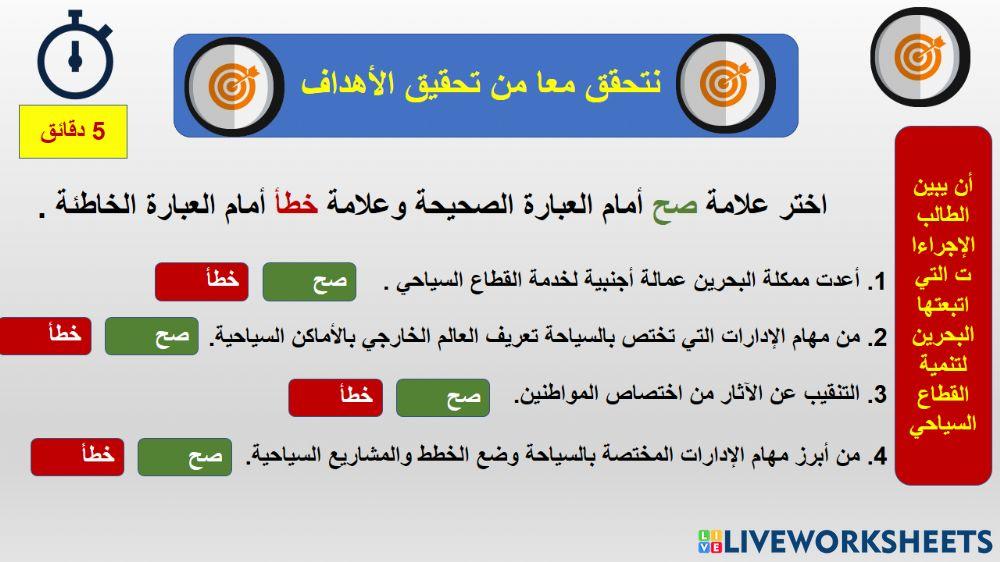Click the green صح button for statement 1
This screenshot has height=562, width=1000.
click(309, 282)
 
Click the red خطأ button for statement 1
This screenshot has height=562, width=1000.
click(201, 282)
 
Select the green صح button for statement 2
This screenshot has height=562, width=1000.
click(152, 336)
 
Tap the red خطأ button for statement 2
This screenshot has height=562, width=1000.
click(45, 336)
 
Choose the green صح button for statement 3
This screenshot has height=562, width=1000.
click(442, 397)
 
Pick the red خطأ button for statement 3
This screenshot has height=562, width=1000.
click(335, 397)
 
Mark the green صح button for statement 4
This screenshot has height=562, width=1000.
click(184, 457)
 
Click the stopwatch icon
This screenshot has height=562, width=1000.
click(75, 55)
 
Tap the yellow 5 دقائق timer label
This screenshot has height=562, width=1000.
click(73, 131)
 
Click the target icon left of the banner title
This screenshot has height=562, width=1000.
click(234, 85)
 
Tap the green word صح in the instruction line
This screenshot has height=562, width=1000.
click(668, 206)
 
